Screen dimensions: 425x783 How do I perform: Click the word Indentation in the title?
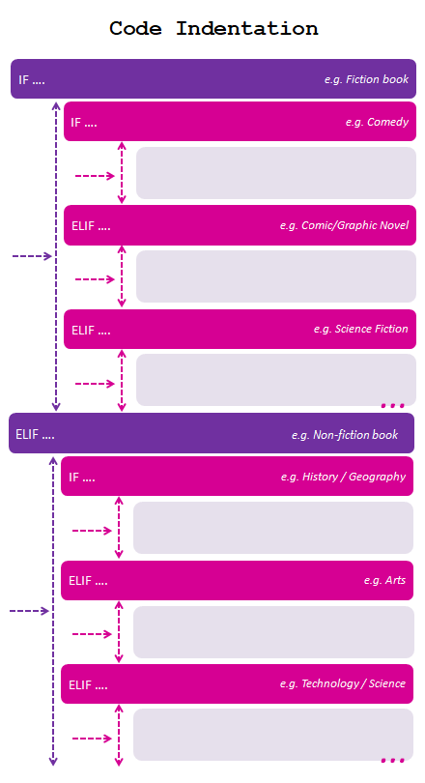pyautogui.click(x=247, y=28)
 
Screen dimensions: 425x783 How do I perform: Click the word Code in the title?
pyautogui.click(x=135, y=28)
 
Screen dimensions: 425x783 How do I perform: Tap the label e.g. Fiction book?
pyautogui.click(x=366, y=79)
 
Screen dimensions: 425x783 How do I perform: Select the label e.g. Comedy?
pyautogui.click(x=377, y=122)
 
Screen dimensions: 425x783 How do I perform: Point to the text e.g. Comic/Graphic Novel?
pyautogui.click(x=344, y=225)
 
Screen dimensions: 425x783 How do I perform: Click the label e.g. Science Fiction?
pyautogui.click(x=360, y=329)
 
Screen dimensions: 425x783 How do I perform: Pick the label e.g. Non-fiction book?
pyautogui.click(x=345, y=435)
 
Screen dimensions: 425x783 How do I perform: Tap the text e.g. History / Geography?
pyautogui.click(x=343, y=477)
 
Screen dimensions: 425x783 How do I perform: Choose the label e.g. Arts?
pyautogui.click(x=384, y=580)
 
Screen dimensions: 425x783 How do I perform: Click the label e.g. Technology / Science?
pyautogui.click(x=343, y=683)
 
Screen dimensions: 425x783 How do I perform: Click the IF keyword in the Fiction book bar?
pyautogui.click(x=23, y=80)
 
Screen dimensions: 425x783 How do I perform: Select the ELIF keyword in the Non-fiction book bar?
pyautogui.click(x=27, y=434)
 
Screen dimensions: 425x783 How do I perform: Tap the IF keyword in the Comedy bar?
pyautogui.click(x=75, y=123)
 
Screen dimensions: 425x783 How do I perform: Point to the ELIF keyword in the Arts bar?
pyautogui.click(x=80, y=581)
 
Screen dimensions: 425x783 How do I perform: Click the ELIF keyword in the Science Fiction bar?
pyautogui.click(x=83, y=330)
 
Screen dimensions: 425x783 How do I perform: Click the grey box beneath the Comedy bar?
pyautogui.click(x=276, y=173)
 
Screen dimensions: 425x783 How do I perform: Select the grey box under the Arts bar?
pyautogui.click(x=273, y=632)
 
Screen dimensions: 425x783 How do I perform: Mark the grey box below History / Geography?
pyautogui.click(x=273, y=528)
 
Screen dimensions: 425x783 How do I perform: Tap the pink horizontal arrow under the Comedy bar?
pyautogui.click(x=95, y=176)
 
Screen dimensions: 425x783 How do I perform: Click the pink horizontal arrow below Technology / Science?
pyautogui.click(x=92, y=739)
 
